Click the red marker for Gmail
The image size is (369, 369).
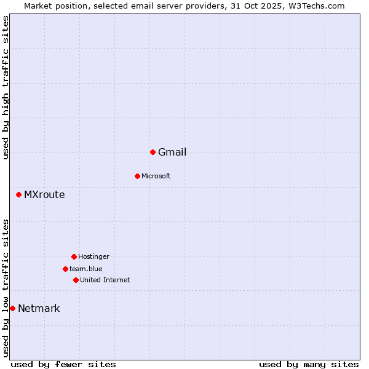153,152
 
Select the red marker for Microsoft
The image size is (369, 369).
137,176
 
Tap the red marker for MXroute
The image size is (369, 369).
18,195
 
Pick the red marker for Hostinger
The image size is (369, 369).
74,256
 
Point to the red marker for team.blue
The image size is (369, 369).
65,269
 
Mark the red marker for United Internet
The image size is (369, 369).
76,280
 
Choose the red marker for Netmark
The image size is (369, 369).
12,308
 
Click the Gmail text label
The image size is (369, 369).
172,153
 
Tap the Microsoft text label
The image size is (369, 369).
156,177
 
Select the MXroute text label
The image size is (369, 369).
44,195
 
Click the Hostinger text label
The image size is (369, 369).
93,256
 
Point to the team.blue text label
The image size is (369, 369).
86,269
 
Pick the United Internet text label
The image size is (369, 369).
105,280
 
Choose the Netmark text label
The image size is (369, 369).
39,309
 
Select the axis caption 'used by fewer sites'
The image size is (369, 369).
63,364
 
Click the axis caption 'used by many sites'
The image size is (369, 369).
309,364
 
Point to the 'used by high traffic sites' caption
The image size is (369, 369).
6,87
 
